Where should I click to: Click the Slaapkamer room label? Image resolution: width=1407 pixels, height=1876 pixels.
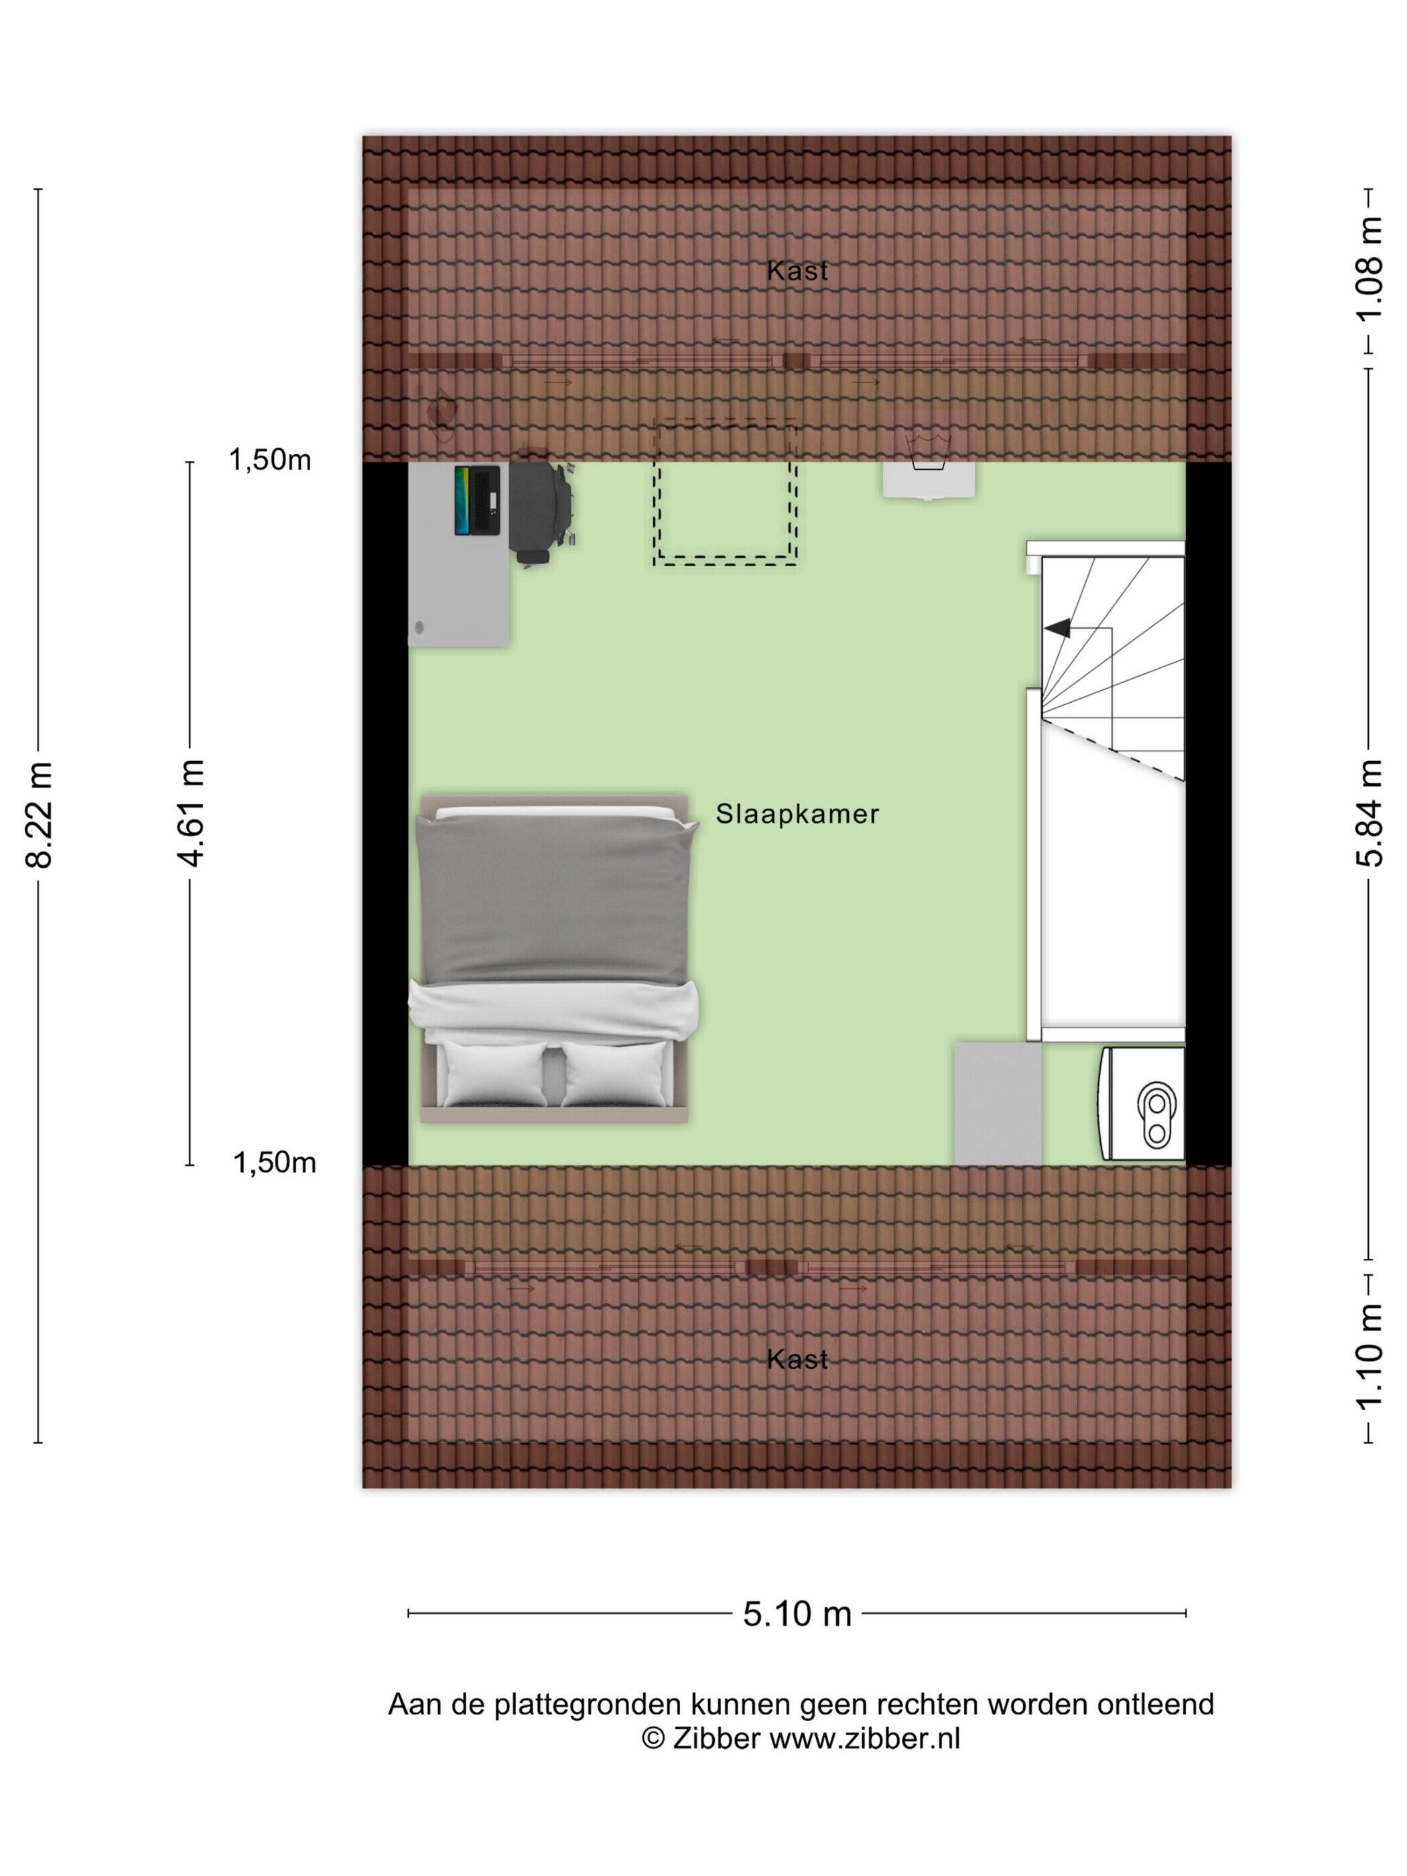pyautogui.click(x=797, y=814)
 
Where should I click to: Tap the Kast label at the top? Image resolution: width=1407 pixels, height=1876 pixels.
pyautogui.click(x=797, y=271)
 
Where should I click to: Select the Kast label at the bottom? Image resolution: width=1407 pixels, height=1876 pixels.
pyautogui.click(x=797, y=1360)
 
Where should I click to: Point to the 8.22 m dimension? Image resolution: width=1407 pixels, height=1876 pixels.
pyautogui.click(x=39, y=814)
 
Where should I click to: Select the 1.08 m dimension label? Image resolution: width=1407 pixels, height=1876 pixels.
pyautogui.click(x=1367, y=269)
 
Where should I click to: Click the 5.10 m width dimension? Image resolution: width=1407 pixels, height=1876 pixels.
pyautogui.click(x=797, y=1613)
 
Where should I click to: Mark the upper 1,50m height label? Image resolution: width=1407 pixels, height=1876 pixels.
pyautogui.click(x=270, y=460)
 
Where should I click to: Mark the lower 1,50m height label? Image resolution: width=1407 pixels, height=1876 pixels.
pyautogui.click(x=274, y=1162)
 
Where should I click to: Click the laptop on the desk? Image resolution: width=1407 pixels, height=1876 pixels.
pyautogui.click(x=476, y=500)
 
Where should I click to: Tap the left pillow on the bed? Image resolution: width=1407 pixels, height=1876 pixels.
pyautogui.click(x=494, y=1073)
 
